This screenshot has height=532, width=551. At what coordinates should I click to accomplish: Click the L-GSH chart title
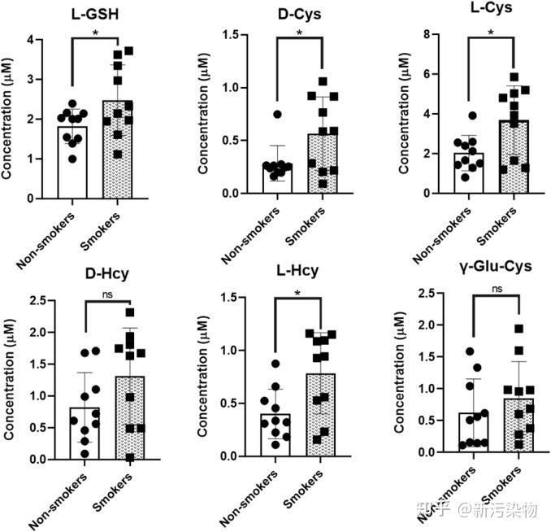pyautogui.click(x=97, y=14)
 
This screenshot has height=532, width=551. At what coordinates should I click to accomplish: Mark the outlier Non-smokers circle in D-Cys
pyautogui.click(x=277, y=115)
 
